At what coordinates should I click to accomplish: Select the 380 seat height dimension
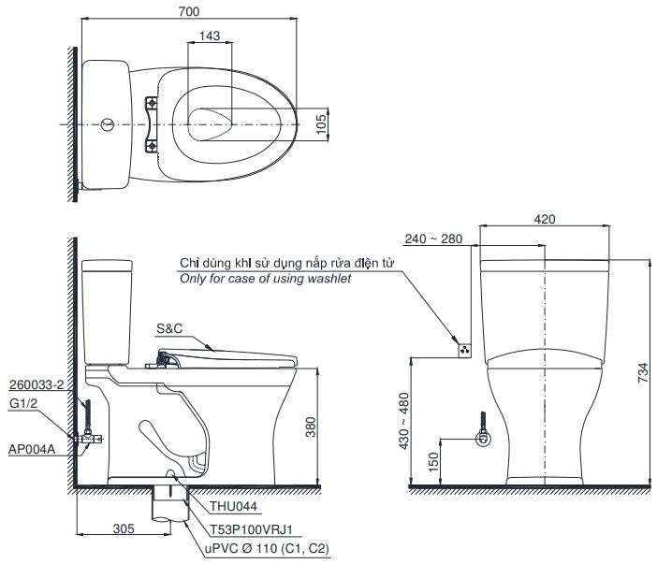point(321,427)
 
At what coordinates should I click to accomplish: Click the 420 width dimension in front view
point(545,219)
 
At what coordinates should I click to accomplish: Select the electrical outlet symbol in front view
point(462,350)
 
